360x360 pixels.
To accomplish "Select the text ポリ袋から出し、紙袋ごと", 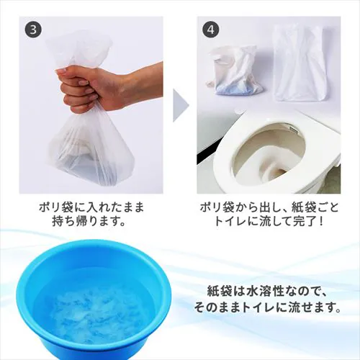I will pyautogui.click(x=269, y=208).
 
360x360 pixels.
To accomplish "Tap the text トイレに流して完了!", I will pyautogui.click(x=269, y=223).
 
